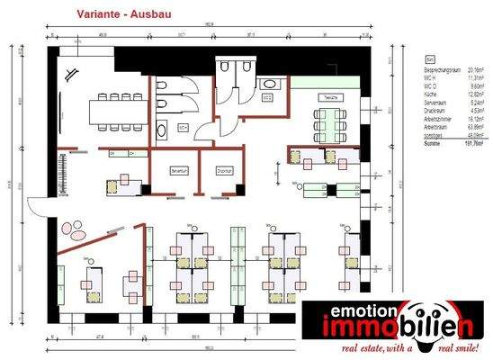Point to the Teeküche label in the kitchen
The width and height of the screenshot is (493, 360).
coord(330,96)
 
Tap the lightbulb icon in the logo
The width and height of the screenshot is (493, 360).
coord(443,324)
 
